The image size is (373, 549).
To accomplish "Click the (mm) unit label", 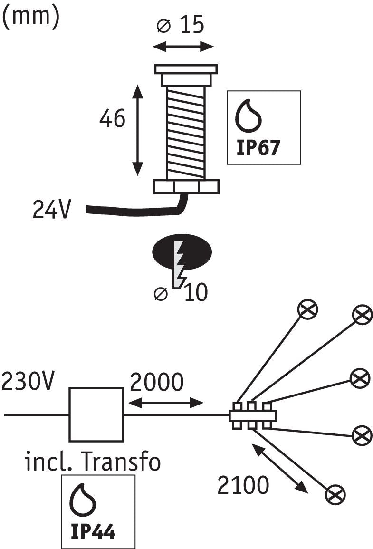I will point(31,17).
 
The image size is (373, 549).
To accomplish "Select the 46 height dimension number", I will point(112,118).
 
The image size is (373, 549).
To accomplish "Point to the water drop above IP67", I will point(249,116).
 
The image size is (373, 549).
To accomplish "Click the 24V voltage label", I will point(52,210).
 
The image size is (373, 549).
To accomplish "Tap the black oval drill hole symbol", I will point(182,251).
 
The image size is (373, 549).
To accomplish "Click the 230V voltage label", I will point(29,382).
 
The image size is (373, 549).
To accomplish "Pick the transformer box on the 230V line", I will point(96,414).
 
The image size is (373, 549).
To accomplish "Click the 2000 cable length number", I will point(156,382).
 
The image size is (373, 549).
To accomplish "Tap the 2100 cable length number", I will point(243,485).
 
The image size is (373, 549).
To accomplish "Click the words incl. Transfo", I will point(93,462).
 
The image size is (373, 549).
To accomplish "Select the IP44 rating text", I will point(93,532).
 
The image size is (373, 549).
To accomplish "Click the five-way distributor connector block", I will point(253,415).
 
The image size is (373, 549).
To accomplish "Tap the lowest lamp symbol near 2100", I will point(335,494).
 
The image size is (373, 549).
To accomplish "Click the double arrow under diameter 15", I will point(183,47).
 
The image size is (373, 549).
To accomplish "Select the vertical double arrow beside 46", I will point(137,130).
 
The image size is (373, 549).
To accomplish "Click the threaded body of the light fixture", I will point(185,131).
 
